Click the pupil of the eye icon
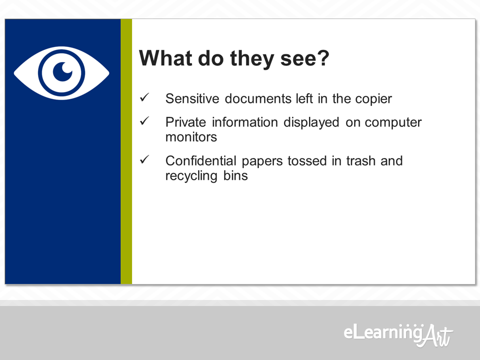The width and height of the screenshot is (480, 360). pyautogui.click(x=62, y=72)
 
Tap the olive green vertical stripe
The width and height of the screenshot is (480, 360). pyautogui.click(x=126, y=151)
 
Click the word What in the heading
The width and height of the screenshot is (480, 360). pyautogui.click(x=165, y=57)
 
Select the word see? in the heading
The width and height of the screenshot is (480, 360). pyautogui.click(x=304, y=58)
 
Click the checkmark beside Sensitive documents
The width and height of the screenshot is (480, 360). pyautogui.click(x=144, y=97)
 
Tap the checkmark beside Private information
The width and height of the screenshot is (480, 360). pyautogui.click(x=144, y=121)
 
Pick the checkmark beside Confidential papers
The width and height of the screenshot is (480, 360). pyautogui.click(x=144, y=159)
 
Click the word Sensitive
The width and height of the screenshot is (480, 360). pyautogui.click(x=192, y=98)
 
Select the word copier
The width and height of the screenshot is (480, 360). pyautogui.click(x=373, y=99)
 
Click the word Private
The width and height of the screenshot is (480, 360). pyautogui.click(x=186, y=122)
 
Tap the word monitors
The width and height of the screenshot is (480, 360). pyautogui.click(x=191, y=137)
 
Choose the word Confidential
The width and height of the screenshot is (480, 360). pyautogui.click(x=201, y=160)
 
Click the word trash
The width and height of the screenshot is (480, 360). pyautogui.click(x=360, y=160)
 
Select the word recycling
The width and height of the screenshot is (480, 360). pyautogui.click(x=191, y=175)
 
